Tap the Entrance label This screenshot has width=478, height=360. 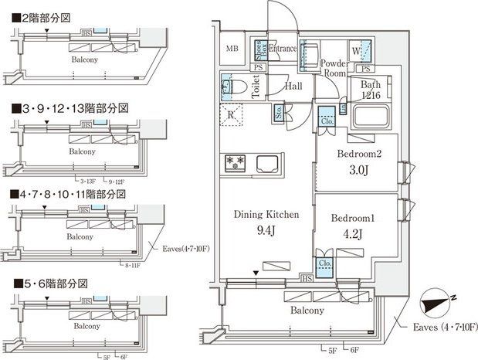click(283, 49)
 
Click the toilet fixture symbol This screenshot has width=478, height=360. click(239, 86)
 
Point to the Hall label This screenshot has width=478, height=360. click(293, 87)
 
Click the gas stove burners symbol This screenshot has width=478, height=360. click(234, 163)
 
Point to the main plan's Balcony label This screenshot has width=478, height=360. click(307, 311)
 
